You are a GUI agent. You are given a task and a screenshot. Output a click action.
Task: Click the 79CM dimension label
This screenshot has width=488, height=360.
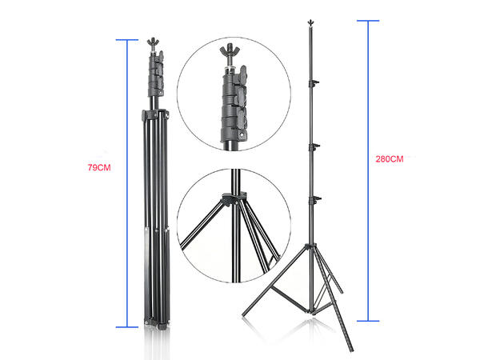99,167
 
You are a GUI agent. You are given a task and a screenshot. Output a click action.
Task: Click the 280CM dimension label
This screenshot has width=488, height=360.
390,159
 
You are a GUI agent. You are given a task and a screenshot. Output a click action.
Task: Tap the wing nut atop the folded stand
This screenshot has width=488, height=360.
153,42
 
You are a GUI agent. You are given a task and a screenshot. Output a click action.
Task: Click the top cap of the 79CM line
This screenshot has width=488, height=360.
127,40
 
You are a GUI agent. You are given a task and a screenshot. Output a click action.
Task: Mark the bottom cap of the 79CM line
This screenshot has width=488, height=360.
127,327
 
